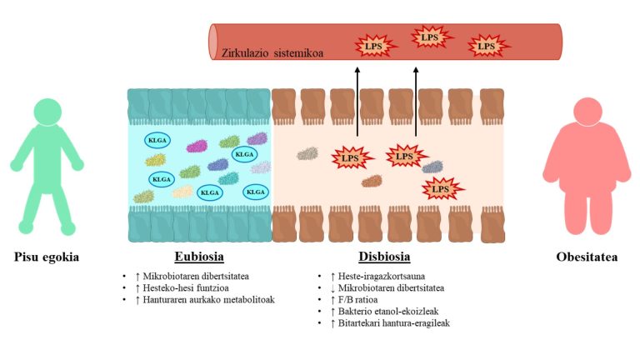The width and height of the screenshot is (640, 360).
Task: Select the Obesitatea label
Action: coord(592,257)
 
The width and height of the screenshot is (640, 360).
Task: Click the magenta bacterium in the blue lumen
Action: coord(197,146)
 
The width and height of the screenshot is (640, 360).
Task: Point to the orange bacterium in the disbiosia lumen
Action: coord(372,181)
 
